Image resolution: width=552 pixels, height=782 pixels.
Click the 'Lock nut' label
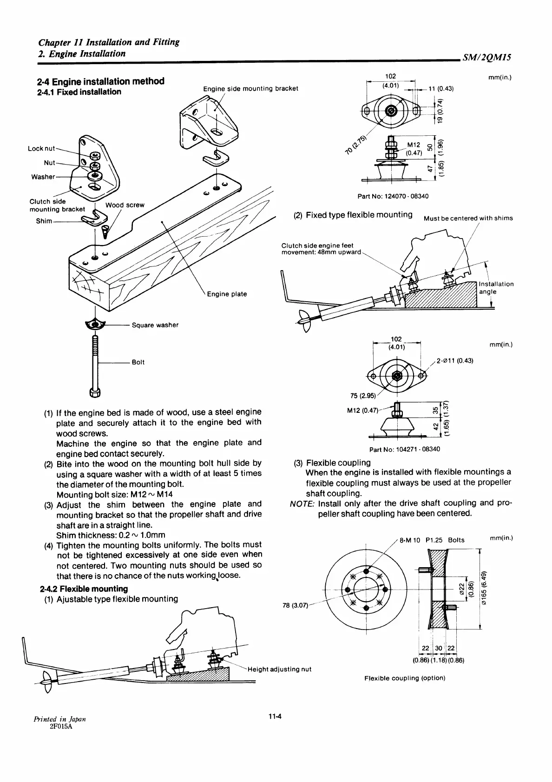point(41,149)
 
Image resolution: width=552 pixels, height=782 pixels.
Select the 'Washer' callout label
point(43,177)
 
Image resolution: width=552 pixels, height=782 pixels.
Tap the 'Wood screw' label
point(125,205)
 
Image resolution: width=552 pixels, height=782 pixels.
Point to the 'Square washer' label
point(155,325)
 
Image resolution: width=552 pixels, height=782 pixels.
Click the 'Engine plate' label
point(227,294)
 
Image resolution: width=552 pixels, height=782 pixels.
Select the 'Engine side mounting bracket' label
point(250,88)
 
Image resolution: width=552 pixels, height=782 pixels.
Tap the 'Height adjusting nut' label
point(279,669)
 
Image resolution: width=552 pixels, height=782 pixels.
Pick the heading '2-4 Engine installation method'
point(100,81)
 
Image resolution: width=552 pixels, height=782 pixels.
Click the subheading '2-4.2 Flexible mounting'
point(84,589)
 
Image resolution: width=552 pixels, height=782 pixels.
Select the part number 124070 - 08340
point(393,196)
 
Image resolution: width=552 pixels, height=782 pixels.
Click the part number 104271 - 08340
point(404,449)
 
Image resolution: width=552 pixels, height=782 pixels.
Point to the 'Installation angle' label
point(496,288)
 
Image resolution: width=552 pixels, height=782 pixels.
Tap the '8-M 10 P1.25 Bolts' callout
point(432,540)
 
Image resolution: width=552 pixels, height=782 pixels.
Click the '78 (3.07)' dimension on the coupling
point(295,605)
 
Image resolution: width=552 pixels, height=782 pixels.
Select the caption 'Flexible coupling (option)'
point(405,678)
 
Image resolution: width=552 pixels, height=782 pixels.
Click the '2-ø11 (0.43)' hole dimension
point(455,360)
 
